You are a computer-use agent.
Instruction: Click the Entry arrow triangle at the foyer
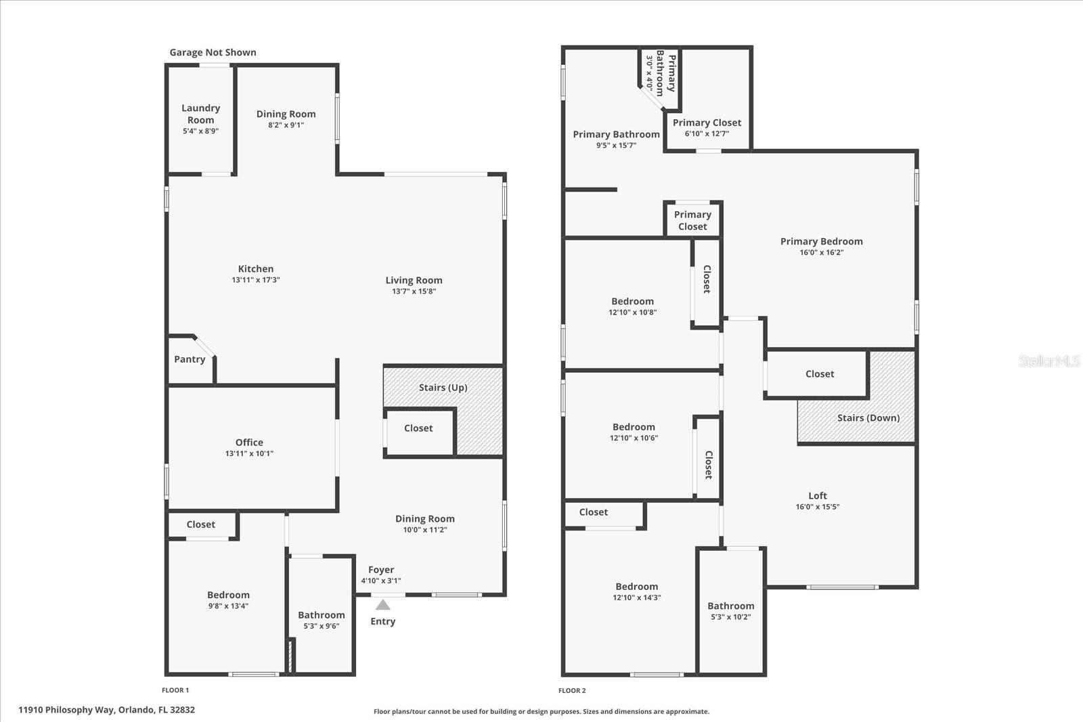pos(383,604)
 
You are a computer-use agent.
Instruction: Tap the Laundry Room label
pos(200,114)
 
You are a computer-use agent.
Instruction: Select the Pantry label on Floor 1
pos(190,359)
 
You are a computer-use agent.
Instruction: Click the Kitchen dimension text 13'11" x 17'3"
pos(256,280)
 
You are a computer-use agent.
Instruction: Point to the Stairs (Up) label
pos(443,388)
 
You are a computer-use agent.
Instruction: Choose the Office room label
pos(249,443)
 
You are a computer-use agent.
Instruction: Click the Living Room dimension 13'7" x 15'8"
pos(414,292)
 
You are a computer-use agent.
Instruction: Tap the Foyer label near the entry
pos(381,570)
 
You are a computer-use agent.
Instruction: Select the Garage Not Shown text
pos(213,52)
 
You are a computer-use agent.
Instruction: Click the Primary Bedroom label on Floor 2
pos(821,242)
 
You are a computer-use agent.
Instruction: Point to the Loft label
pos(818,495)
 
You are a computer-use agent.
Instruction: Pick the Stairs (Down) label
pos(868,418)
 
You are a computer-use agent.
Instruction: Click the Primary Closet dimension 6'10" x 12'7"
pos(707,134)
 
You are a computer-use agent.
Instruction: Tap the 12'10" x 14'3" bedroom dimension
pos(636,598)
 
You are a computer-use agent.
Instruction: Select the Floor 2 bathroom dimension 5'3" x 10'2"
pos(730,617)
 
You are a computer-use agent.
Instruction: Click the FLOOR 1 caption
pos(175,690)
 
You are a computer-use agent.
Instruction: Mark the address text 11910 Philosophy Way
pos(106,710)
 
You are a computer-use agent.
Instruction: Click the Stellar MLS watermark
pos(1049,361)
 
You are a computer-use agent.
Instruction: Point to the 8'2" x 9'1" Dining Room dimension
pos(286,125)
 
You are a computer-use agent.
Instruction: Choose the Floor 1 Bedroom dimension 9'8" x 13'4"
pos(228,606)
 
